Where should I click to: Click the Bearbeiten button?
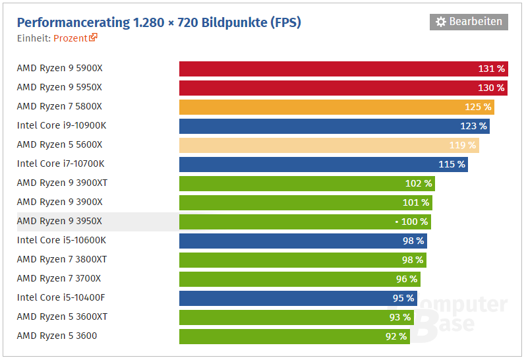pos(469,22)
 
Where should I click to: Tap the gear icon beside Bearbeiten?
pos(441,22)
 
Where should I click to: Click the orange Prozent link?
pos(71,38)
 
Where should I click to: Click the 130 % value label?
pos(491,88)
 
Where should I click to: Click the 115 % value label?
pos(452,164)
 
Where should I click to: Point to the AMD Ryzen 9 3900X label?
pos(59,202)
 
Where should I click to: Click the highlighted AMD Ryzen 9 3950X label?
pos(59,221)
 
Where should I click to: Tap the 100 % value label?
pos(414,222)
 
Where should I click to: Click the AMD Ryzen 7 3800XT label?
pos(62,259)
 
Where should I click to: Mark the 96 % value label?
pos(406,279)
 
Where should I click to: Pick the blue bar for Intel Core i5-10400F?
pos(297,298)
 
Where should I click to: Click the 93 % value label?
pos(399,317)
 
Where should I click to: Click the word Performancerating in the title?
pos(73,22)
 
